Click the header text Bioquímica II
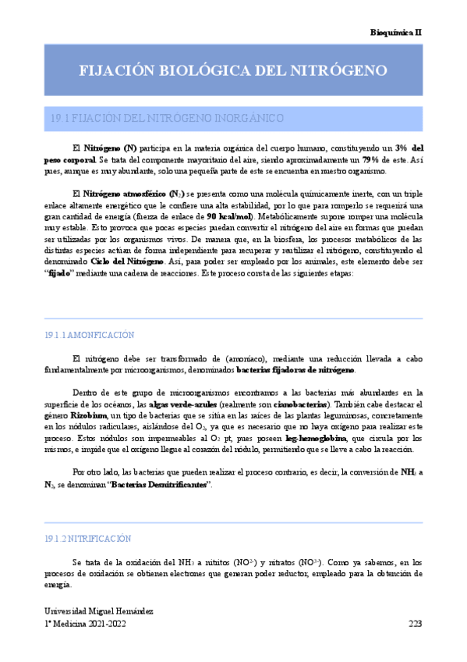[395, 33]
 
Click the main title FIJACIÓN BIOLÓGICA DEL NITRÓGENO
[233, 70]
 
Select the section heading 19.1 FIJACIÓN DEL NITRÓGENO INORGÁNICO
[166, 119]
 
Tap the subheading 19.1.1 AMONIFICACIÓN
[90, 335]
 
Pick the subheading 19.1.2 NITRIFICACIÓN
[87, 539]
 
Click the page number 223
[415, 625]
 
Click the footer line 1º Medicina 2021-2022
[85, 625]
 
